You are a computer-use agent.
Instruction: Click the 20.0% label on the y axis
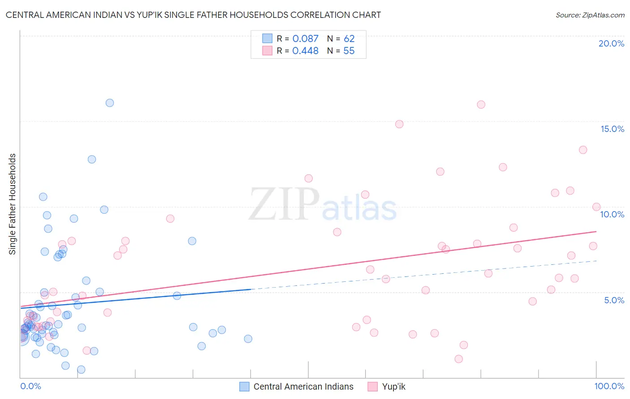[611, 43]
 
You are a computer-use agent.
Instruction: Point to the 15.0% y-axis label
[612, 129]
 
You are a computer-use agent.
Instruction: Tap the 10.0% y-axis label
[612, 214]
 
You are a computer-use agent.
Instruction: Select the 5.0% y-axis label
[614, 300]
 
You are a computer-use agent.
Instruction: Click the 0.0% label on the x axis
[30, 386]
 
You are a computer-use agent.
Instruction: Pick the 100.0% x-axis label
[609, 386]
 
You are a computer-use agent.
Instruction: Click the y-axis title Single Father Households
[13, 204]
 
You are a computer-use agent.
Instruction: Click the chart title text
[193, 15]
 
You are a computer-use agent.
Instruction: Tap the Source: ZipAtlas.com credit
[590, 15]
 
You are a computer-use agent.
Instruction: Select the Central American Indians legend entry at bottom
[303, 386]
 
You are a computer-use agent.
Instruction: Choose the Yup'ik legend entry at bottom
[393, 386]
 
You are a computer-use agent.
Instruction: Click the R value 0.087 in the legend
[305, 39]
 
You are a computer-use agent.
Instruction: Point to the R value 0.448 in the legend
[305, 51]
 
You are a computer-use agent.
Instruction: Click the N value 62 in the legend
[349, 39]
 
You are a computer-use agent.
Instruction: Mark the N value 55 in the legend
[349, 51]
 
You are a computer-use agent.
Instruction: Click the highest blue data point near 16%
[110, 103]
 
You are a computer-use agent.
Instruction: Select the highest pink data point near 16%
[481, 105]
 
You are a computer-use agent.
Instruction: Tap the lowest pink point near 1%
[458, 359]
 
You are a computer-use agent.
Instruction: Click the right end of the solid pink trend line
[596, 231]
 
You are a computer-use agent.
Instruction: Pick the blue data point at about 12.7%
[92, 159]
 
